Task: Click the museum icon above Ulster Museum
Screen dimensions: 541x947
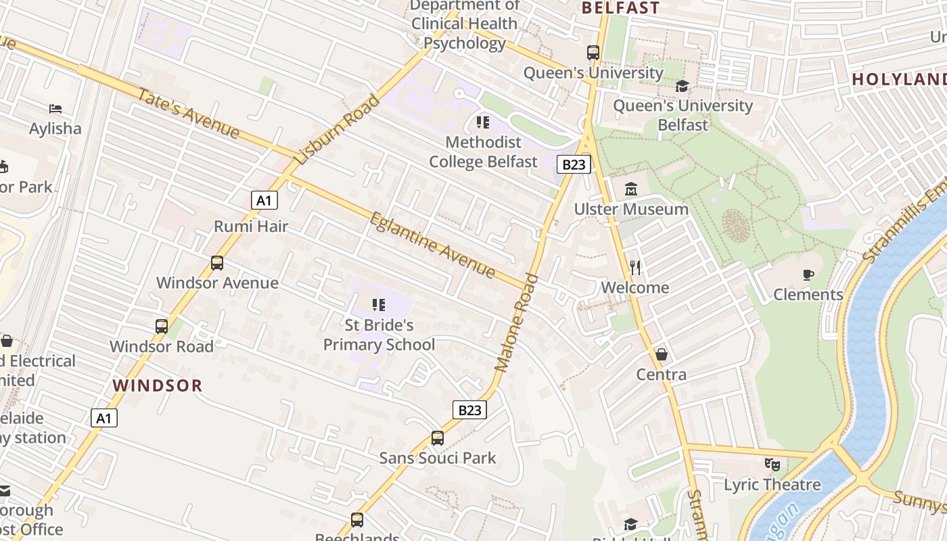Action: [x=631, y=189]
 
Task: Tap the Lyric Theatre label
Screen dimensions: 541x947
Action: [x=772, y=485]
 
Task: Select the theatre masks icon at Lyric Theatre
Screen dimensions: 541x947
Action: [x=772, y=465]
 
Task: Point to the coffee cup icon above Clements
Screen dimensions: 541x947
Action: [x=808, y=274]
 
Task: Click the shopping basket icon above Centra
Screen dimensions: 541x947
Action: [x=662, y=354]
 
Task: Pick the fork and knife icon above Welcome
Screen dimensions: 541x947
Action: [x=634, y=268]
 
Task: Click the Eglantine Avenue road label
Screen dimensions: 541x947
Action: [x=432, y=245]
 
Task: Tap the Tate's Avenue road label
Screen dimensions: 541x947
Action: [x=188, y=113]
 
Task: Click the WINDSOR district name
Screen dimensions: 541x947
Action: [x=158, y=385]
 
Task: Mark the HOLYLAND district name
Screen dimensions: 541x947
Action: [x=898, y=79]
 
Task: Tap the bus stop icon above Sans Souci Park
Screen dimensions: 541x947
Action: [x=438, y=438]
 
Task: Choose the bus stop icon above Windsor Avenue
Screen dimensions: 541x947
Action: [x=217, y=263]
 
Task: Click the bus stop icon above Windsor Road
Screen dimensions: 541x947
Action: [x=162, y=327]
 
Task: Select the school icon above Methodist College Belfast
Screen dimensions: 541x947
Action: [x=483, y=122]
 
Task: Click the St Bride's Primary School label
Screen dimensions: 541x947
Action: [x=379, y=335]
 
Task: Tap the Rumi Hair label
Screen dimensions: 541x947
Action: [x=251, y=226]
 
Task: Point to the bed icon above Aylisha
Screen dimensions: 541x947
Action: [x=55, y=108]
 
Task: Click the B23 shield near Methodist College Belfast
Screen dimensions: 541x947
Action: [x=574, y=164]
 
